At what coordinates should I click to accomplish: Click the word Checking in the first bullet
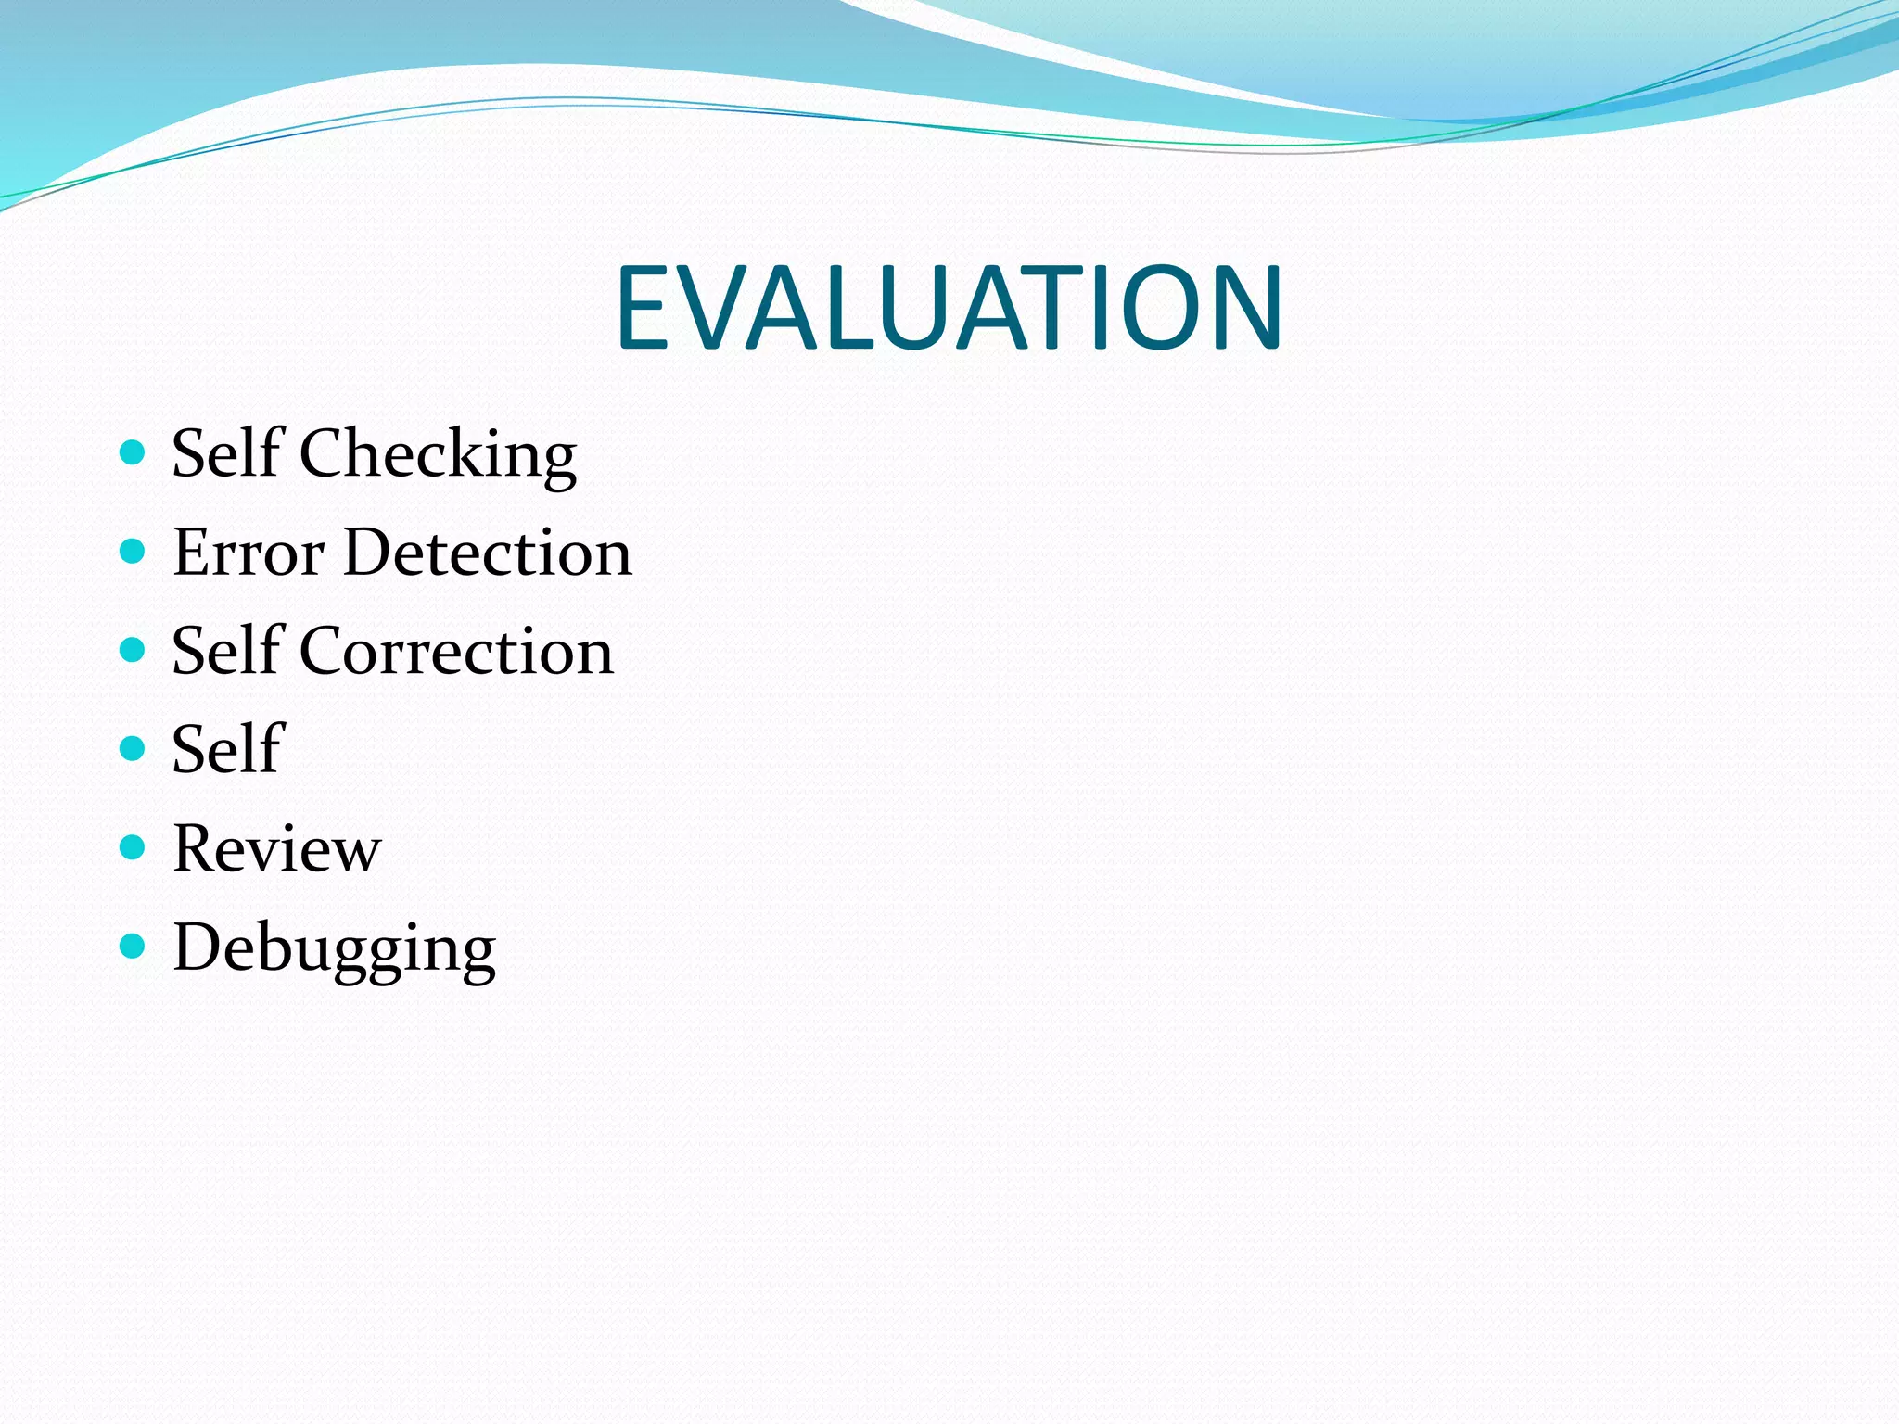(438, 454)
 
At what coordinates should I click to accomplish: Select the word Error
(248, 553)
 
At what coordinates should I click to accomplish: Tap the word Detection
(488, 553)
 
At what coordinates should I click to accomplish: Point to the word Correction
(456, 652)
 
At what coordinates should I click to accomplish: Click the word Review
(276, 849)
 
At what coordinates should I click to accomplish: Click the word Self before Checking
(226, 454)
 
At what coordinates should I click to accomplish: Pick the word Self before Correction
(226, 652)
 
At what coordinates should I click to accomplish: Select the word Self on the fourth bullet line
(226, 750)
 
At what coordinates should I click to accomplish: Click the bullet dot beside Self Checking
(134, 452)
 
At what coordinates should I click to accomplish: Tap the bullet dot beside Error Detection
(134, 552)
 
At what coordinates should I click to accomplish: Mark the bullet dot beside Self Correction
(134, 650)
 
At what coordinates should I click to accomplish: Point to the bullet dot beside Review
(134, 847)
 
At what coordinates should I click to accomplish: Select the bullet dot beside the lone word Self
(134, 748)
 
